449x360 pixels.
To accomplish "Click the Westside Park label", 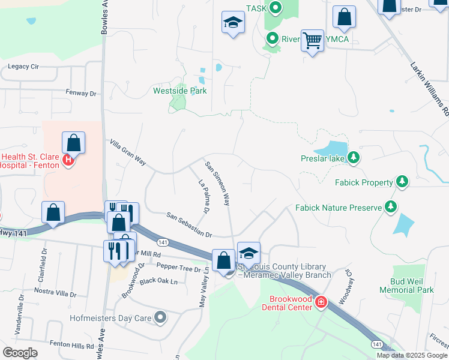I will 180,91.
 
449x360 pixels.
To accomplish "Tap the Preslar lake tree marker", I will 354,158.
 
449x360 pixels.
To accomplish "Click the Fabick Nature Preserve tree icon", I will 391,208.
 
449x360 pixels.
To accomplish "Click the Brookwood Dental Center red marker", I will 321,302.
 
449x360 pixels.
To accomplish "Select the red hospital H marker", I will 68,160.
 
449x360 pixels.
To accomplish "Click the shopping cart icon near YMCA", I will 312,40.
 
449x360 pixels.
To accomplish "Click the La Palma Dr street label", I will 203,197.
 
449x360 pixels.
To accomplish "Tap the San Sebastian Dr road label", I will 190,224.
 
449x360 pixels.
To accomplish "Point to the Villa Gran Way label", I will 128,152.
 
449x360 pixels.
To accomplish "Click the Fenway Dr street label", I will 81,94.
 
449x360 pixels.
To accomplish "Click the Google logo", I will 20,352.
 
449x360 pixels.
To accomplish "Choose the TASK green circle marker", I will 275,8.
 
